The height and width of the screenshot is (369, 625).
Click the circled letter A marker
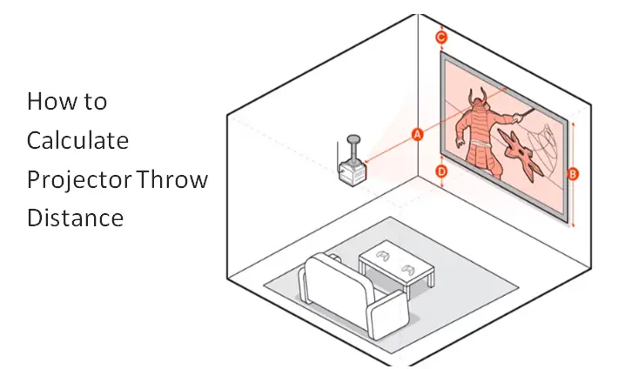pos(417,134)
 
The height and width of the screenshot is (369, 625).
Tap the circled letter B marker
pos(573,174)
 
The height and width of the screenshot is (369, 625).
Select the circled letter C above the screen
pos(441,37)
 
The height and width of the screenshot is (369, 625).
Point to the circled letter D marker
pos(441,172)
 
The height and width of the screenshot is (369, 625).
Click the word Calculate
pos(77,140)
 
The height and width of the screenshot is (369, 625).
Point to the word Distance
pos(75,218)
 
